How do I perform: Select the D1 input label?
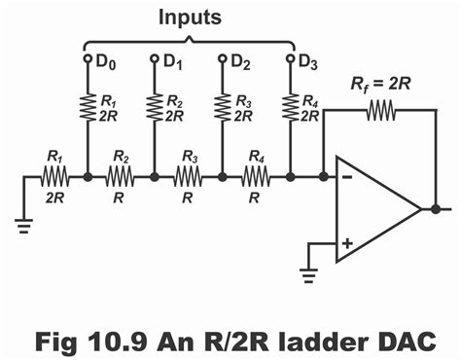[x=171, y=62]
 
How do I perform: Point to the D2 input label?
[x=239, y=62]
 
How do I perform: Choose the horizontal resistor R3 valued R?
[x=189, y=178]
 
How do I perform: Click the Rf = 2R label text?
[x=380, y=85]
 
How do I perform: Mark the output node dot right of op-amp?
[x=435, y=209]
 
